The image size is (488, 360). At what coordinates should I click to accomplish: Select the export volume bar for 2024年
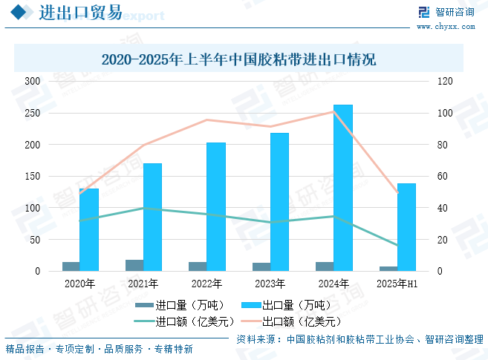point(343,188)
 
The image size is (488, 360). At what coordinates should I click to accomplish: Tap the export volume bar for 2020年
point(89,229)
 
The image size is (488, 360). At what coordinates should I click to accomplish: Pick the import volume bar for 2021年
point(134,266)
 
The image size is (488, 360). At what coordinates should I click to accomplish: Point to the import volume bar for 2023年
point(261,267)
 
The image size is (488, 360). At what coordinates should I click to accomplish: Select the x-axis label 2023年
point(270,284)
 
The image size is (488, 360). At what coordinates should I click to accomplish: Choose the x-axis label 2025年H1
point(397,284)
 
